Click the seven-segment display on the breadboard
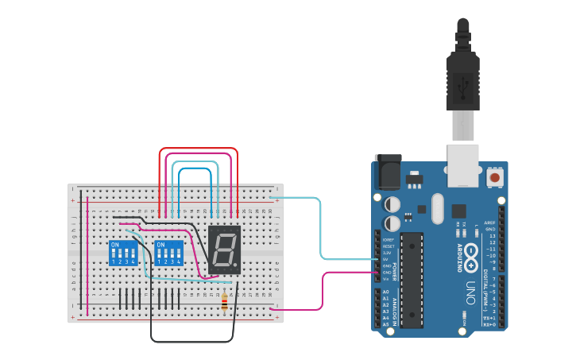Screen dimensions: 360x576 224,250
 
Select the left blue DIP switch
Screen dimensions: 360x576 122,253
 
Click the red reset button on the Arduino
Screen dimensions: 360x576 495,177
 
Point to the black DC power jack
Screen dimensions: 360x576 387,172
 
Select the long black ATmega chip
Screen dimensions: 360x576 412,280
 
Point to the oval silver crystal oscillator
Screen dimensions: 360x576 437,208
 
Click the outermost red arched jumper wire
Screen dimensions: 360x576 199,149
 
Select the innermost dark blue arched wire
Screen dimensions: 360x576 195,169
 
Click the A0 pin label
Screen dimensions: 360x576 386,292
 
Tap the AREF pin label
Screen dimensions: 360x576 490,223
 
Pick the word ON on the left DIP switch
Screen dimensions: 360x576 115,245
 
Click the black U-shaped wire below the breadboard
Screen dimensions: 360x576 191,341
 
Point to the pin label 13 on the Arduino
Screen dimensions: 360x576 492,236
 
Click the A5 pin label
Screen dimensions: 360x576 386,324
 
